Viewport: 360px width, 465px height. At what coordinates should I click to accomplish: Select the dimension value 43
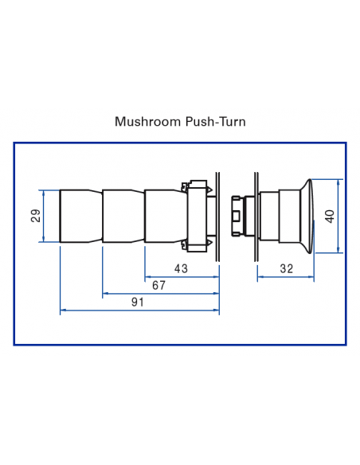[181, 268]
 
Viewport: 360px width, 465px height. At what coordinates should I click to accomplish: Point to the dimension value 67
[159, 286]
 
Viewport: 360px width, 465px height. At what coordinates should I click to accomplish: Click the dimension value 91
[138, 302]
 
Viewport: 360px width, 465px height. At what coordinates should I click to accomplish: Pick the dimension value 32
[287, 268]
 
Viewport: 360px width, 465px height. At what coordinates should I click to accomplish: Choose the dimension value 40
[330, 216]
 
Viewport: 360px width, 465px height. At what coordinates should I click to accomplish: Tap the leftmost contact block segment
[80, 216]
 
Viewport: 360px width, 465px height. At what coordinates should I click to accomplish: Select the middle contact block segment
[123, 216]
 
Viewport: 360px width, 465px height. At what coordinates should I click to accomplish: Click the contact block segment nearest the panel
[164, 216]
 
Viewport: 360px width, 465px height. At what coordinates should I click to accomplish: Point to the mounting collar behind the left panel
[198, 216]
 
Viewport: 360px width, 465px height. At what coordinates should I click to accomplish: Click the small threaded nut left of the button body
[237, 216]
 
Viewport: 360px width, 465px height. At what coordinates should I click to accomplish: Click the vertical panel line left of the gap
[219, 216]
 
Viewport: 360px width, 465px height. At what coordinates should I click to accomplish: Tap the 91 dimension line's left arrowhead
[63, 311]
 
